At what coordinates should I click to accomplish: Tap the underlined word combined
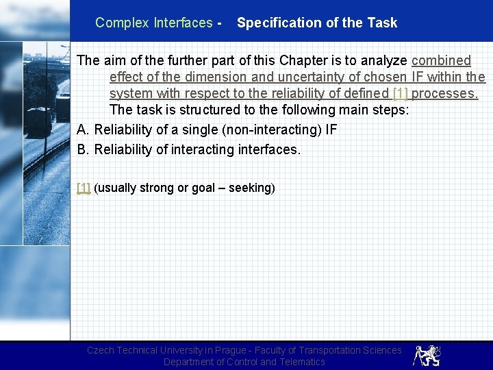tap(441, 60)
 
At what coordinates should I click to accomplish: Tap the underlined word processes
tap(445, 93)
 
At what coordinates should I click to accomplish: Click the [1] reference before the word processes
tap(401, 93)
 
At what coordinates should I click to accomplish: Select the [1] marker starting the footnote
tap(84, 188)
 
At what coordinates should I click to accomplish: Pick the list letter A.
tap(84, 129)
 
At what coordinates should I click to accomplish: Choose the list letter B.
tap(84, 149)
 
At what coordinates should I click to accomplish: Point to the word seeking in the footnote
tap(249, 188)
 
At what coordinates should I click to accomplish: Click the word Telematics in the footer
tap(301, 362)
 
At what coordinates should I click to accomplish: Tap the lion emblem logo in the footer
tap(427, 355)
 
